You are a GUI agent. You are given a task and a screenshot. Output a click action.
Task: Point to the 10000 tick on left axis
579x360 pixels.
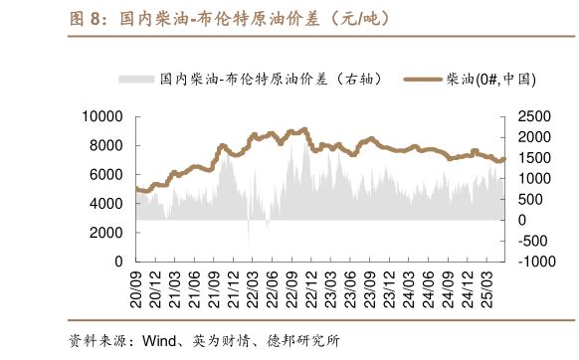[101, 116]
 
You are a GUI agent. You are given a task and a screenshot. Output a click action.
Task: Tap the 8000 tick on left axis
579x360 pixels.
[105, 145]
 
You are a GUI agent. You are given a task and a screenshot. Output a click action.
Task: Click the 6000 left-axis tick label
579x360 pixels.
[105, 174]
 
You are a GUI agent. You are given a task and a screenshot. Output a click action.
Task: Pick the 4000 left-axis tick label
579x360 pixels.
[105, 203]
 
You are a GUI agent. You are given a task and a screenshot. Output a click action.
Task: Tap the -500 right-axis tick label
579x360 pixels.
[534, 240]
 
